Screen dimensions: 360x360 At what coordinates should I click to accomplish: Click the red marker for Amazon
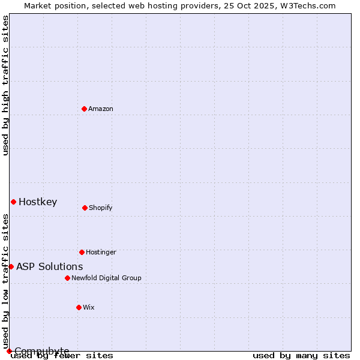pyautogui.click(x=84, y=109)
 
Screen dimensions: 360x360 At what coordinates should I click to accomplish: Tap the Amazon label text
pyautogui.click(x=101, y=109)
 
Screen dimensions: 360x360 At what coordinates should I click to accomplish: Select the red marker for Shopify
pyautogui.click(x=85, y=208)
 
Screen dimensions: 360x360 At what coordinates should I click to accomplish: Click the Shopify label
pyautogui.click(x=100, y=208)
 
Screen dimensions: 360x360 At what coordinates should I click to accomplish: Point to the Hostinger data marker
pyautogui.click(x=82, y=252)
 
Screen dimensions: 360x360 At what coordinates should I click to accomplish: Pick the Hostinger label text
pyautogui.click(x=101, y=252)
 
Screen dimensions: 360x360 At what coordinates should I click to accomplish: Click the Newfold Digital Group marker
pyautogui.click(x=67, y=278)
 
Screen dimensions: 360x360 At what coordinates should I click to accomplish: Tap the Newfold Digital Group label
pyautogui.click(x=106, y=278)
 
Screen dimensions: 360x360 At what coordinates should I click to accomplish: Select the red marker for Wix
pyautogui.click(x=79, y=307)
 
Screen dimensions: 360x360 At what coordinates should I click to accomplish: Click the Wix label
pyautogui.click(x=89, y=307)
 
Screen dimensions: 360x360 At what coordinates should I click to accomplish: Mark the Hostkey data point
pyautogui.click(x=13, y=202)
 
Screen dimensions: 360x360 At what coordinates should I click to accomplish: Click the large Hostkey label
pyautogui.click(x=38, y=202)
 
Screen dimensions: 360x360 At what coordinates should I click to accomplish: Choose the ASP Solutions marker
pyautogui.click(x=11, y=266)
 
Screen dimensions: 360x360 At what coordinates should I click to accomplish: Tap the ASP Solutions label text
pyautogui.click(x=50, y=266)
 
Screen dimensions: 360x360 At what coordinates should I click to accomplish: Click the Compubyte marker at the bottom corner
pyautogui.click(x=9, y=351)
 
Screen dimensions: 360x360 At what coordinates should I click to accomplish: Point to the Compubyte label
pyautogui.click(x=42, y=351)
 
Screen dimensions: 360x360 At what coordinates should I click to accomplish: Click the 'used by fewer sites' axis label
pyautogui.click(x=62, y=356)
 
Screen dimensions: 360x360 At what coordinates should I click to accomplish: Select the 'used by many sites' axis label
pyautogui.click(x=301, y=356)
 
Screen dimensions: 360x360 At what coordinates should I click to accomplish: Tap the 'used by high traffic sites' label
pyautogui.click(x=6, y=85)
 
